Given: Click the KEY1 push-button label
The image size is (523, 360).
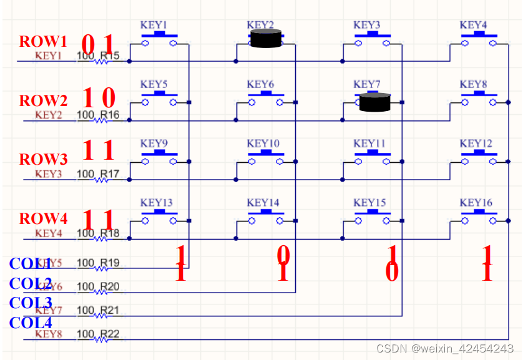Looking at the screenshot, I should (154, 25).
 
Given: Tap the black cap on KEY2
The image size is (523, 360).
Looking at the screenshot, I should (265, 39).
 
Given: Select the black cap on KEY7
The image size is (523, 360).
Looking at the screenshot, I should (374, 102).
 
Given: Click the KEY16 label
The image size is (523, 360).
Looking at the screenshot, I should (476, 203).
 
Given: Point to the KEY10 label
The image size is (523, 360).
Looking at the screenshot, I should (263, 144).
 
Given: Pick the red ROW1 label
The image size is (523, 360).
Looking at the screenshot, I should (42, 42).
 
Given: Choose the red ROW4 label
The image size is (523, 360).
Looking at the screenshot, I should (43, 219).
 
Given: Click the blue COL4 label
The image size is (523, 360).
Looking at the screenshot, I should (31, 323).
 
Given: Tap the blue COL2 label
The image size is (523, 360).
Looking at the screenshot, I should (31, 283).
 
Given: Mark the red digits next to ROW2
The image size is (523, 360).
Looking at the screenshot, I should (99, 97).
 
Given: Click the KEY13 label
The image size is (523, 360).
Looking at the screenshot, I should (156, 203).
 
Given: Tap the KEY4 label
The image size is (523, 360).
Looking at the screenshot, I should (473, 25).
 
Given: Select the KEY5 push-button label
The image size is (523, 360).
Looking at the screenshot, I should (154, 84).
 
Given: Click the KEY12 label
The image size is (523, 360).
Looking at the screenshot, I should (476, 144).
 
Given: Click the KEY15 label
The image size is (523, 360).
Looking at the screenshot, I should (369, 203).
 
